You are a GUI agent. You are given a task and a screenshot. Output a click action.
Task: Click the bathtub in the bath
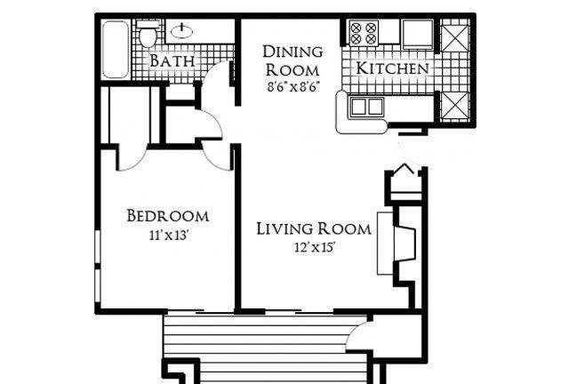[x=116, y=50]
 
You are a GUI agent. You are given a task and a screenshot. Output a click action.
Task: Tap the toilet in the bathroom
[x=148, y=34]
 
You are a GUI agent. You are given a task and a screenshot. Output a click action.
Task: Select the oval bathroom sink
[x=181, y=31]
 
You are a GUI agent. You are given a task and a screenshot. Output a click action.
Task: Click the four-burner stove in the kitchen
[x=364, y=33]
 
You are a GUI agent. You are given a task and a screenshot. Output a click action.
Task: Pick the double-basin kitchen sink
[x=367, y=107]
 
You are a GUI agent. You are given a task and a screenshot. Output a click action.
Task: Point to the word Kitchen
[x=392, y=68]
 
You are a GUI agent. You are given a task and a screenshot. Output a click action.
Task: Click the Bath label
[x=172, y=60]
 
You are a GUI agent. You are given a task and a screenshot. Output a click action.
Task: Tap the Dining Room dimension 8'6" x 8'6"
[x=293, y=87]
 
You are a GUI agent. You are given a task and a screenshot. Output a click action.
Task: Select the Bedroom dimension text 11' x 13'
[x=168, y=236]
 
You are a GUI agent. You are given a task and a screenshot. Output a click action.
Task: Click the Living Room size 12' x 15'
[x=314, y=248]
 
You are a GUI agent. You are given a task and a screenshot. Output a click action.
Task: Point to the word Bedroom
[x=168, y=216]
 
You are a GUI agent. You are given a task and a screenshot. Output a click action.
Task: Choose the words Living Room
[x=314, y=228]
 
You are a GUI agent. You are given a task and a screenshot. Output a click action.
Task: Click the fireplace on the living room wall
[x=397, y=244]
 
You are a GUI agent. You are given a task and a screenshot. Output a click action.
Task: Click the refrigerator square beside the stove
[x=418, y=34]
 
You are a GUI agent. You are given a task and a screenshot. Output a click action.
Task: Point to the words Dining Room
[x=293, y=61]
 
